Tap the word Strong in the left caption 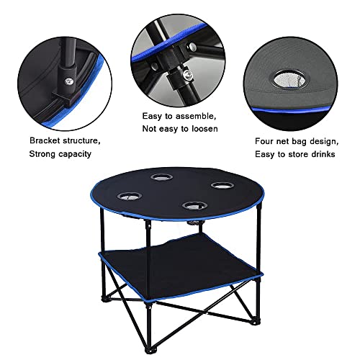tap(43, 154)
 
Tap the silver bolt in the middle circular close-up tap(186, 73)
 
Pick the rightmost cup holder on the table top tap(219, 186)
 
